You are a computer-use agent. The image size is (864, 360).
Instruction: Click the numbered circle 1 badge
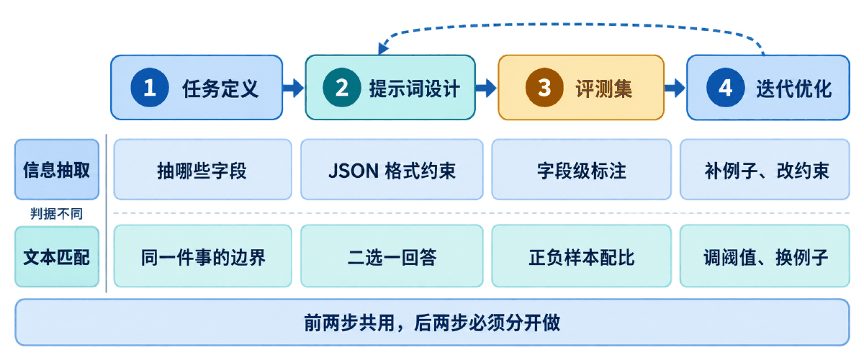coord(150,87)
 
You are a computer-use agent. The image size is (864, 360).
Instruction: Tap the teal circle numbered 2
coord(342,87)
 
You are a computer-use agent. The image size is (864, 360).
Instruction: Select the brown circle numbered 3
coord(544,87)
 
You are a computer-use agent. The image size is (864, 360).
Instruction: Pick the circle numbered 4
coord(725,87)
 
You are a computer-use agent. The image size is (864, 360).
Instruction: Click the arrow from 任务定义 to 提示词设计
coord(294,88)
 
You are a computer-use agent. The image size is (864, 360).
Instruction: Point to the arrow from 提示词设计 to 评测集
coord(485,88)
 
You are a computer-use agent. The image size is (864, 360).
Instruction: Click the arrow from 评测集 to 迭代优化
coord(675,88)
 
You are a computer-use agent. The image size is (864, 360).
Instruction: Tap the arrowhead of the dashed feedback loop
coord(382,48)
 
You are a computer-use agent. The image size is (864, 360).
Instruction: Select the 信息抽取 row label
coord(57,169)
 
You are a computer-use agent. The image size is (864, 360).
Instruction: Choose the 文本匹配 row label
coord(57,256)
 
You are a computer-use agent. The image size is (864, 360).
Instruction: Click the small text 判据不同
coord(57,213)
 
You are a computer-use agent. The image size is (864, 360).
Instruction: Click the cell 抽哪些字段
coord(202,169)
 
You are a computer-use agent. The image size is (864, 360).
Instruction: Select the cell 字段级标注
coord(581,169)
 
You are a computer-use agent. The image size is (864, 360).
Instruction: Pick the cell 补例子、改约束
coord(765,169)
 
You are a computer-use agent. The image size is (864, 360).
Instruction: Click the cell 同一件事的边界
coord(202,256)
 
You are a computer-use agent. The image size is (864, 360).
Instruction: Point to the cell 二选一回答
coord(392,256)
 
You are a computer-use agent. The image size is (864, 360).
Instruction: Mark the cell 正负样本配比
coord(581,256)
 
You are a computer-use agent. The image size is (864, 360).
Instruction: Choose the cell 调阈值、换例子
coord(765,256)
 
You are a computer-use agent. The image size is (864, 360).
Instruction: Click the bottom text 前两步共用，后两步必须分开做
coord(432,323)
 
